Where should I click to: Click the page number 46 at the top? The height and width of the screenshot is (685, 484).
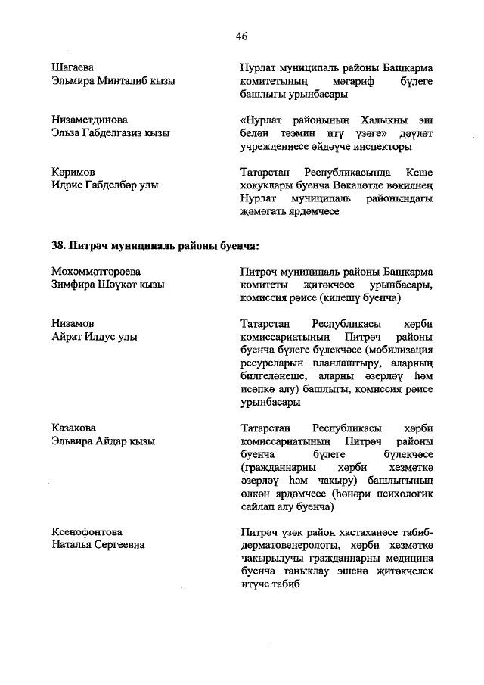pos(242,36)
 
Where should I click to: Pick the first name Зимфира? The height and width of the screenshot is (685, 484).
pos(74,285)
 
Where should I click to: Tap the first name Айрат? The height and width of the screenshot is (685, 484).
pos(68,337)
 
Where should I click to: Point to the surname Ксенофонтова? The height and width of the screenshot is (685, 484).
pos(87,531)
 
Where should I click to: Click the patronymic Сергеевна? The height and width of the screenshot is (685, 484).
pos(119,545)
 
